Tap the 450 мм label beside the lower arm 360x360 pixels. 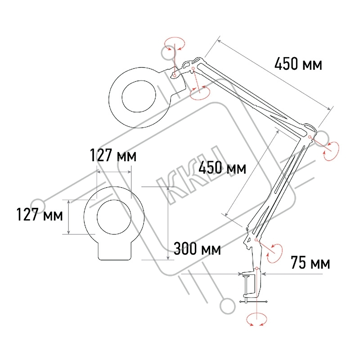tap(222, 167)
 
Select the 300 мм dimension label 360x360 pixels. tap(197, 248)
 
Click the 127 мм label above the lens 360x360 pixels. tap(113, 155)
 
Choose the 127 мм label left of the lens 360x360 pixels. tap(40, 215)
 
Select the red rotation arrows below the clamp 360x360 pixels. tap(256, 319)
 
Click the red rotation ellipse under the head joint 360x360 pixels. tap(200, 93)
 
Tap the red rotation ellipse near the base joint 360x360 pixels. tap(274, 253)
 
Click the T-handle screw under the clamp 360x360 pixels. tap(253, 301)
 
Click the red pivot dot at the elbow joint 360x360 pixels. tap(310, 137)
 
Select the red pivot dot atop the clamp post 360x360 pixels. tap(256, 268)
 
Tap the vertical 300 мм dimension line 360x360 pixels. tap(168, 223)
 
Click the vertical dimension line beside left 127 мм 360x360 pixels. tap(69, 217)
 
